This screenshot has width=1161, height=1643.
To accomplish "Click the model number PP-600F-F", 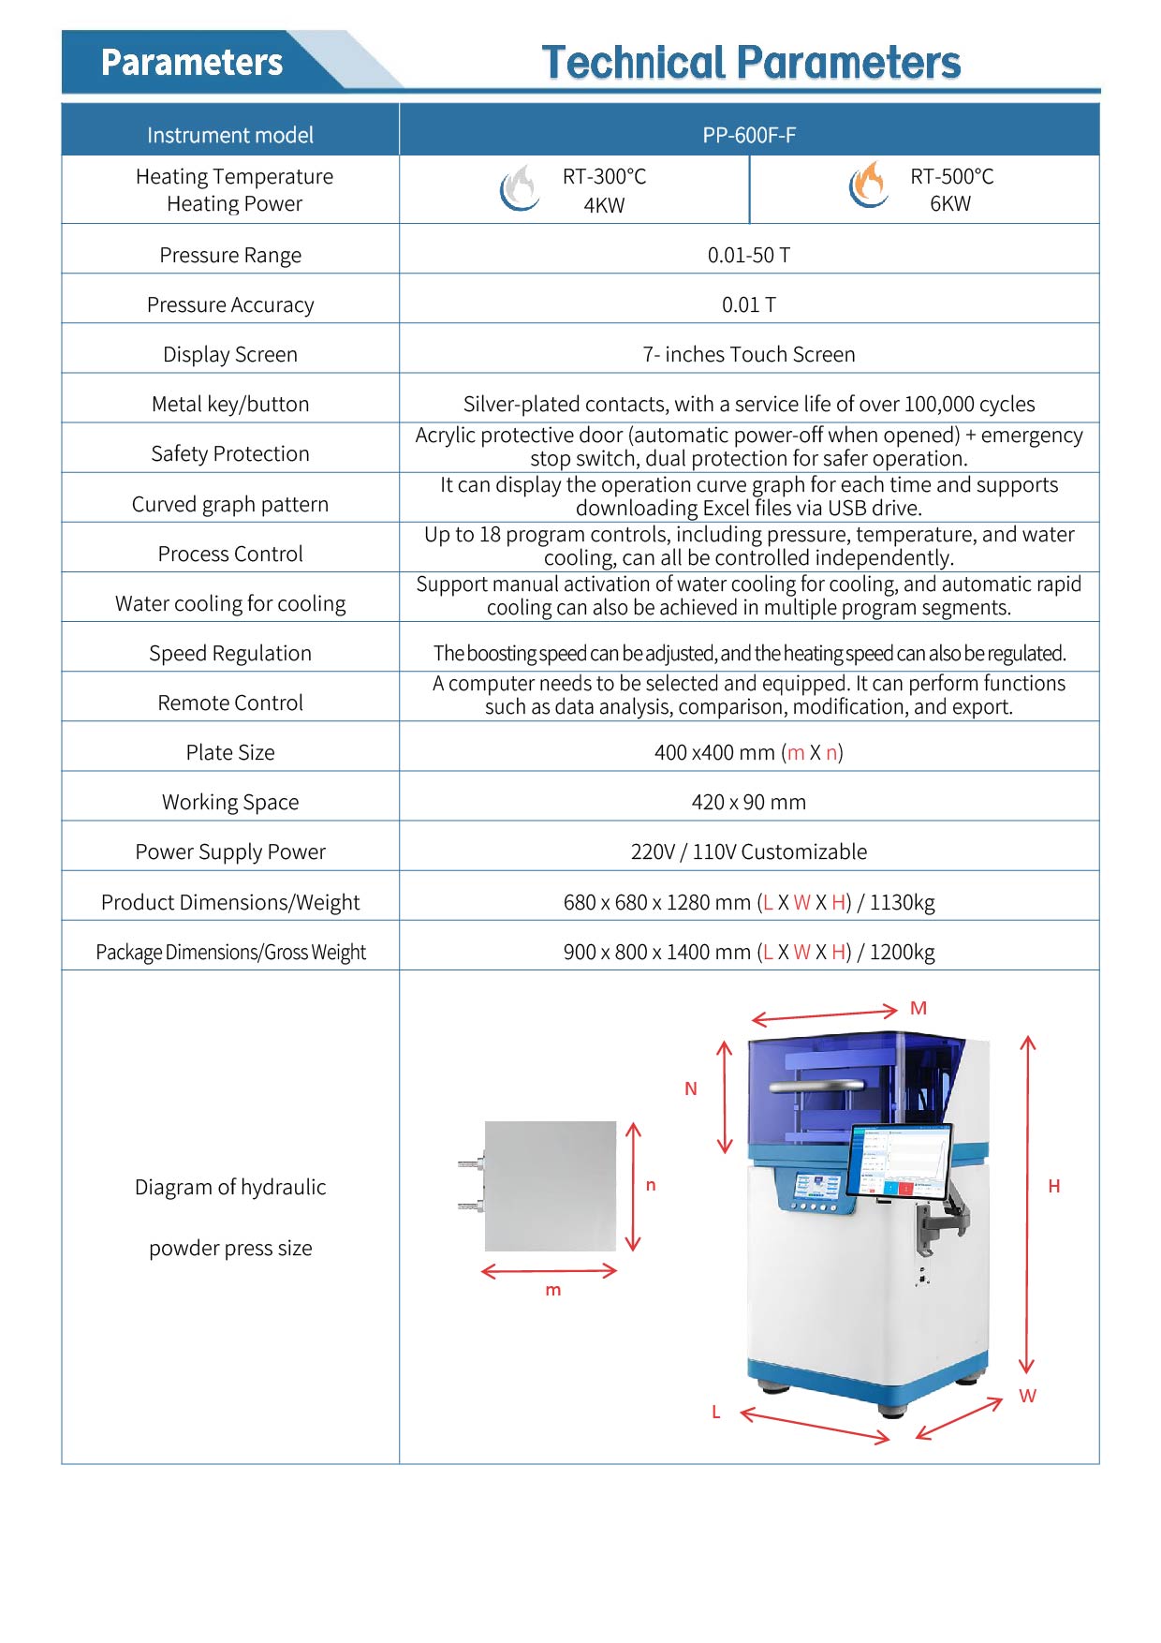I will point(749,135).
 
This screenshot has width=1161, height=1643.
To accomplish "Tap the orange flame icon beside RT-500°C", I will point(869,186).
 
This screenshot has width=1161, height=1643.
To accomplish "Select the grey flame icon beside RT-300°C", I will point(519,187).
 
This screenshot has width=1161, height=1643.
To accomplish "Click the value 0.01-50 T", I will point(749,255).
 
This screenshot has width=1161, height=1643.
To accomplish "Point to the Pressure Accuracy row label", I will point(230,304).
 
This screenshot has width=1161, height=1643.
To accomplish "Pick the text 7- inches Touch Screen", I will point(749,354).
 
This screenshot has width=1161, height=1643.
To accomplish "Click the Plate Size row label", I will point(230,752).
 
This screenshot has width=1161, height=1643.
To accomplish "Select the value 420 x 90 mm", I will point(749,802).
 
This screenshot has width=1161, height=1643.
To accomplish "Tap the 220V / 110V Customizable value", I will point(749,851).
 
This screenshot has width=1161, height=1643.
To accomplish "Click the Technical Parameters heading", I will point(751,63).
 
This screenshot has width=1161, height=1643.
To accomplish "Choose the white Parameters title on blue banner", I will point(192,63).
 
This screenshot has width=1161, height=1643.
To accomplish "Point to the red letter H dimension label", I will point(1054,1187).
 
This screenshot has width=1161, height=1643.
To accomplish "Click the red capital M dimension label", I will point(919,1009).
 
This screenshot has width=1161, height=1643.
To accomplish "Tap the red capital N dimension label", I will point(691,1088).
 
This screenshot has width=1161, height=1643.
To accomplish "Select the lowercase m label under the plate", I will point(553,1291).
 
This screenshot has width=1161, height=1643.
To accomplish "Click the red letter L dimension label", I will point(716,1413).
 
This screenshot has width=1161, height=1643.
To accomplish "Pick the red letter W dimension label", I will point(1028,1396).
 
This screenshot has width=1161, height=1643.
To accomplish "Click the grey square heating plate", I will point(551,1186).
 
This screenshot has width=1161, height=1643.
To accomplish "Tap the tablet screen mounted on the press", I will point(900,1161).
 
